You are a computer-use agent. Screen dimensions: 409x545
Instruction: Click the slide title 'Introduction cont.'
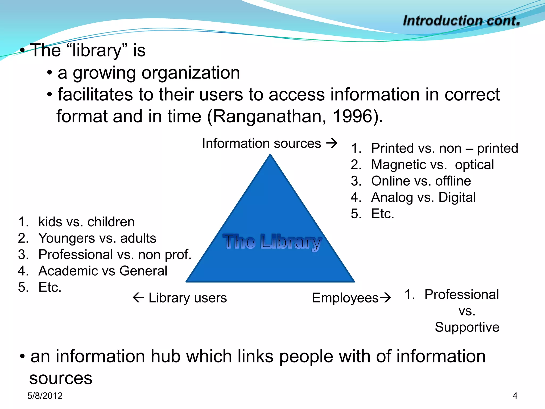click(461, 21)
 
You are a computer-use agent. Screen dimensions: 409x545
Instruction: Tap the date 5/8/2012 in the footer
click(45, 396)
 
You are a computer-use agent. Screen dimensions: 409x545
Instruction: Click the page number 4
click(515, 396)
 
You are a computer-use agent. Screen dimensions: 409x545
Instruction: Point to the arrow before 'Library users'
click(138, 297)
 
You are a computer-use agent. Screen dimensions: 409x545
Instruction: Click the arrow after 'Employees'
click(385, 297)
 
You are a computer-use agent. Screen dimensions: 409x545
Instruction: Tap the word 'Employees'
click(345, 298)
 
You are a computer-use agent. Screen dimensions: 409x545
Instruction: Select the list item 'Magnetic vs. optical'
click(432, 165)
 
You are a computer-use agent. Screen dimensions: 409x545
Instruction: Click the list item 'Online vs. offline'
click(421, 181)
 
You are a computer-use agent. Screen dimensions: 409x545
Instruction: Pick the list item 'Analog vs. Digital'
click(423, 197)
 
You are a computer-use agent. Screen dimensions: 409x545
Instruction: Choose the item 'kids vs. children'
click(86, 222)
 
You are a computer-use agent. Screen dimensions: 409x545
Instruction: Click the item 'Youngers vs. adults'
click(97, 238)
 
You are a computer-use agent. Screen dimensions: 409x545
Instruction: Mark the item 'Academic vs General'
click(103, 271)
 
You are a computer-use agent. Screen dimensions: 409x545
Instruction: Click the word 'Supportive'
click(467, 327)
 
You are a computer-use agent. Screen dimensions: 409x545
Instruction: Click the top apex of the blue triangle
click(270, 155)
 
